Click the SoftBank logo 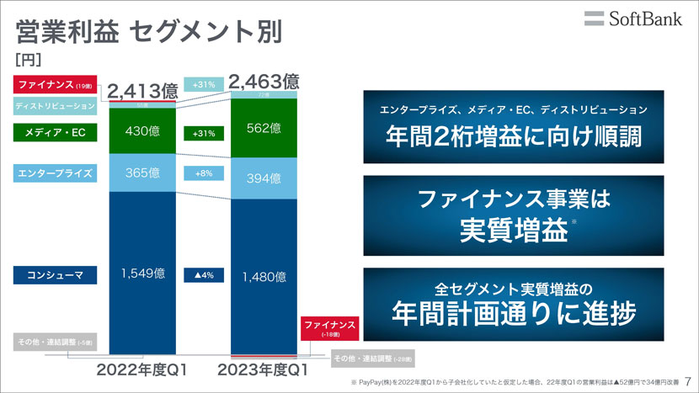coord(632,19)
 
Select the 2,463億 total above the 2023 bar coord(264,82)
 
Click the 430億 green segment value coord(142,133)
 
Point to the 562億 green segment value coord(264,128)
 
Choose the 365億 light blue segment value coord(142,173)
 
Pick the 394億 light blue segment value coord(264,178)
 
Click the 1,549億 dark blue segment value coord(142,274)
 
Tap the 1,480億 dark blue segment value coord(264,276)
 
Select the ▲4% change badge coord(204,274)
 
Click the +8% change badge coord(204,173)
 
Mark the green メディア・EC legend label coord(56,133)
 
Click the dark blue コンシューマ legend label coord(56,274)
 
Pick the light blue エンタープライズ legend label coord(56,173)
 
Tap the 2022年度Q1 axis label coord(141,369)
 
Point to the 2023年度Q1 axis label coord(264,369)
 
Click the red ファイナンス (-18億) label coord(329,328)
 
